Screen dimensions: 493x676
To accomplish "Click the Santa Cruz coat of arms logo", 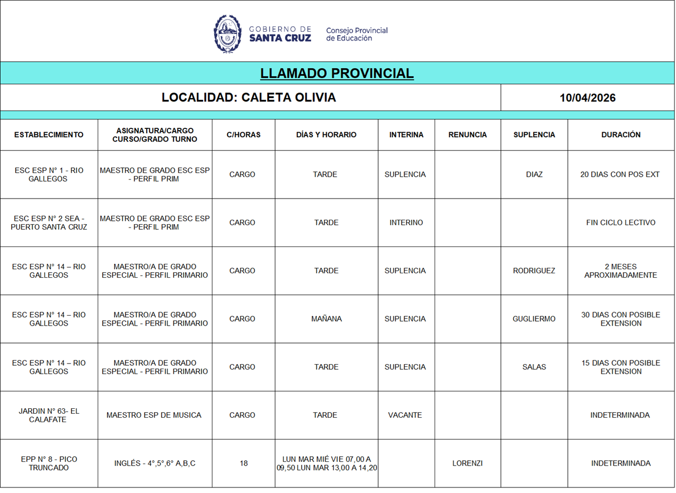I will (228, 33).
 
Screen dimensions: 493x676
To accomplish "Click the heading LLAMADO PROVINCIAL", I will (337, 74).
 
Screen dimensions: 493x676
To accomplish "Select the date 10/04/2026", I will (587, 98).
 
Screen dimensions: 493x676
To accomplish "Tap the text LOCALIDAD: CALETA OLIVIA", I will (249, 98).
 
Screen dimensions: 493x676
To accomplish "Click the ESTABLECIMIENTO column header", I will (49, 135).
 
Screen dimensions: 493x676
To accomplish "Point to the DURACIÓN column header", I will (621, 135).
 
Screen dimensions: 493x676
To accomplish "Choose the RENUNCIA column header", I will (467, 135).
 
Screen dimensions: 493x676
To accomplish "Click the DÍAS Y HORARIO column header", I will (326, 135).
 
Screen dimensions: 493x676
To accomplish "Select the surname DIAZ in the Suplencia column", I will (534, 175).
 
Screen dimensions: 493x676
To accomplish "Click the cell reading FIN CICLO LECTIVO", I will (621, 223).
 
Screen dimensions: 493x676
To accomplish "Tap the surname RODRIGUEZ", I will (534, 271).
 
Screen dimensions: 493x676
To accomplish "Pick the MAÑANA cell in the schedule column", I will (326, 319).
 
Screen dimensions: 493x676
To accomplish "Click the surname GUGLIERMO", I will (534, 319).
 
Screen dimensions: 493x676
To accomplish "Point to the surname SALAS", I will (534, 367).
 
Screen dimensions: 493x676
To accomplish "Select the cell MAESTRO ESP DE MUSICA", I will (154, 415).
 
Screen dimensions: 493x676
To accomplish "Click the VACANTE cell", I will (405, 415).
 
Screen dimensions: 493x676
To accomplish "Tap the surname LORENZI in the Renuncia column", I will (467, 463).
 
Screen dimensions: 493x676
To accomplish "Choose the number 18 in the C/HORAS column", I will (243, 463).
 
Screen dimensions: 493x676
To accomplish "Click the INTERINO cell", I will (406, 223).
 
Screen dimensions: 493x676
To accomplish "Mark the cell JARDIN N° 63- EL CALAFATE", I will (49, 415).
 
